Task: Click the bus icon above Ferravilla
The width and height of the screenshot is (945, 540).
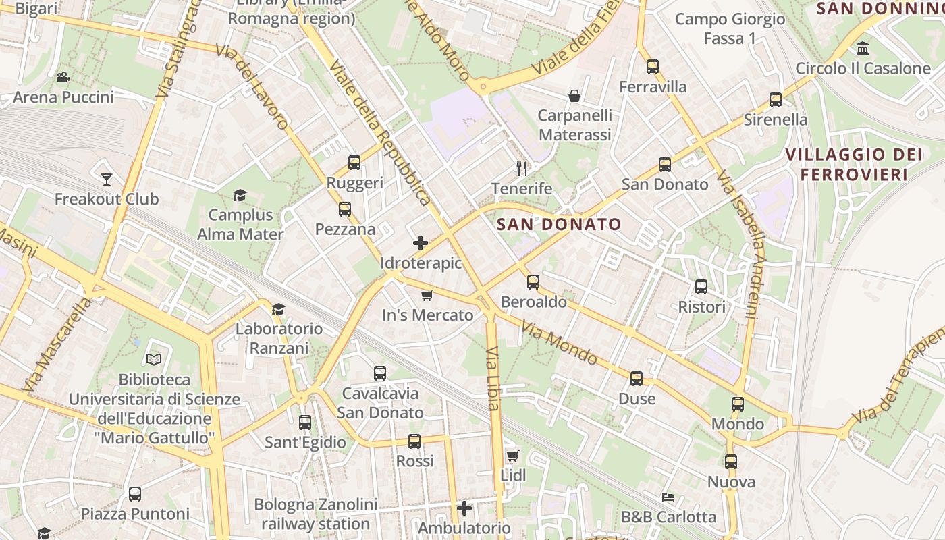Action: pos(652,67)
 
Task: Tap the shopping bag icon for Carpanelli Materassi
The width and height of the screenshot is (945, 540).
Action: pos(574,96)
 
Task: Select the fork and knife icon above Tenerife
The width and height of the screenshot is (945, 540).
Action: pos(521,168)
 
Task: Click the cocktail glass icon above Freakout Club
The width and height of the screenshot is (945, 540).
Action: pos(106,179)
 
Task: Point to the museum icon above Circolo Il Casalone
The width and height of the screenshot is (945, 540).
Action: pos(862,49)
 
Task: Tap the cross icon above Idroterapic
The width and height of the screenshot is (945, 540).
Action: pos(421,243)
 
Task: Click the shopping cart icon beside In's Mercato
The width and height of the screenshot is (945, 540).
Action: pos(427,295)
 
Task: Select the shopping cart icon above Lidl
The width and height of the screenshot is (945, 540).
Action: pos(512,456)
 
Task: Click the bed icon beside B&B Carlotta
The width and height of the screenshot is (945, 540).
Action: pos(668,497)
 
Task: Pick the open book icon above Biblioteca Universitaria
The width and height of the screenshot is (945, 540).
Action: pos(154,359)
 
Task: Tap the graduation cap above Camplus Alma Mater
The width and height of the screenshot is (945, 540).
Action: pos(240,196)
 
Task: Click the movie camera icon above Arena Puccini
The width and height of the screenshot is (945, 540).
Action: pos(63,77)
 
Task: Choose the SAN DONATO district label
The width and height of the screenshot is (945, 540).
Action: pos(558,224)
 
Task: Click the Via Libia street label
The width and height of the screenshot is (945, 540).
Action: pos(493,378)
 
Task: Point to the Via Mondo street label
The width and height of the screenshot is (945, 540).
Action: pos(559,344)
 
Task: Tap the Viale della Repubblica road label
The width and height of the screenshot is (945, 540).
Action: pos(381,132)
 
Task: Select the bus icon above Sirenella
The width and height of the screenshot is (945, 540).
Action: pos(775,100)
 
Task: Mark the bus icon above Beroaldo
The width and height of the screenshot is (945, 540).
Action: pos(533,281)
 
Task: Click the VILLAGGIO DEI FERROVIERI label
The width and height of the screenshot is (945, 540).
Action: pos(853,164)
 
